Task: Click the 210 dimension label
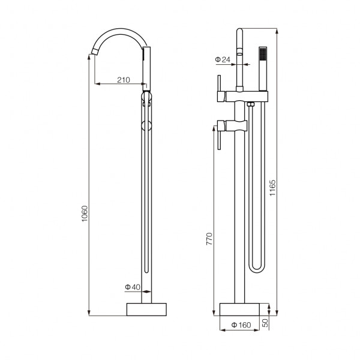pyautogui.click(x=124, y=80)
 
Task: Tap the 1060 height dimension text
pyautogui.click(x=85, y=214)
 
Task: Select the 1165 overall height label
pyautogui.click(x=272, y=188)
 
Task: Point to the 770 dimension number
pyautogui.click(x=209, y=239)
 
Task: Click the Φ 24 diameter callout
pyautogui.click(x=223, y=59)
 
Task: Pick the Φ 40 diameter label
pyautogui.click(x=133, y=287)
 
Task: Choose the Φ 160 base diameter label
pyautogui.click(x=241, y=325)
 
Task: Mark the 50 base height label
pyautogui.click(x=265, y=323)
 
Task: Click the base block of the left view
pyautogui.click(x=146, y=309)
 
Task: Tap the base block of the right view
pyautogui.click(x=239, y=309)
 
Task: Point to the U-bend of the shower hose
pyautogui.click(x=257, y=268)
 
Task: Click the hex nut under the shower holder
pyautogui.click(x=250, y=104)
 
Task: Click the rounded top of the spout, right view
pyautogui.click(x=239, y=31)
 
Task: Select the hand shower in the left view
pyautogui.click(x=146, y=69)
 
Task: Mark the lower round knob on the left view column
pyautogui.click(x=146, y=126)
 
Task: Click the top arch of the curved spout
pyautogui.click(x=119, y=31)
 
